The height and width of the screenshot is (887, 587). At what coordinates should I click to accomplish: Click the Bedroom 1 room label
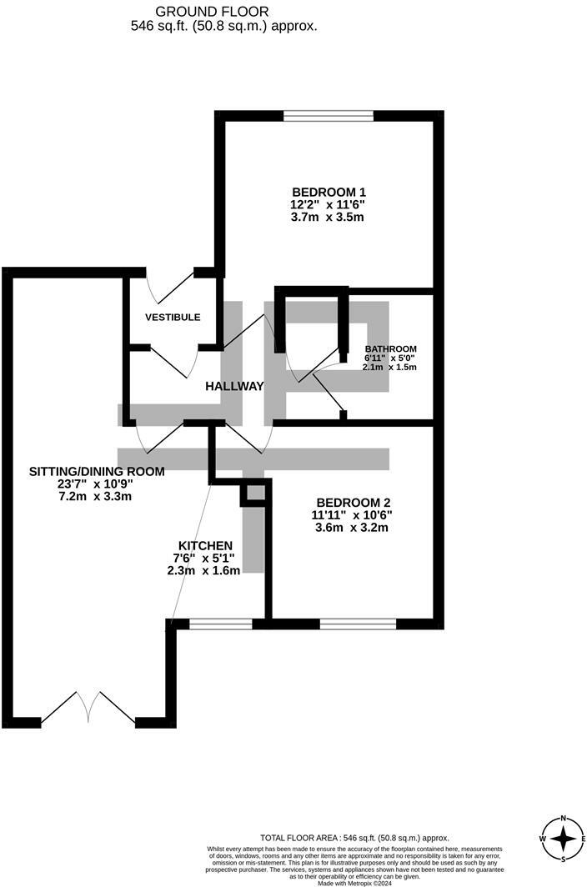pos(328,191)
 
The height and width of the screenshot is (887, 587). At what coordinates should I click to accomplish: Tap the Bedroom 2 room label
pos(354,502)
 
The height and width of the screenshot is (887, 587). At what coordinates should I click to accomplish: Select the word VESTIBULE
pos(173,318)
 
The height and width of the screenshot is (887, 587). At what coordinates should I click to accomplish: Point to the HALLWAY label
pos(234,386)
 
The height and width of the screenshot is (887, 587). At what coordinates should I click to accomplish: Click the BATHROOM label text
pos(390,349)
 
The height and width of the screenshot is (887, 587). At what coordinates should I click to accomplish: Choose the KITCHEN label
pos(203,545)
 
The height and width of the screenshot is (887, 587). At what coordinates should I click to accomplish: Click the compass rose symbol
pos(564,839)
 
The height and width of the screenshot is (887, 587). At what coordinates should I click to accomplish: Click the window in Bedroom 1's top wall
pos(328,116)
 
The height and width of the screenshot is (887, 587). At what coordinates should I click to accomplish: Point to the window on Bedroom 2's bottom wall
pos(358,623)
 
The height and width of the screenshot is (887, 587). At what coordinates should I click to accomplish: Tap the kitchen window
pos(220,623)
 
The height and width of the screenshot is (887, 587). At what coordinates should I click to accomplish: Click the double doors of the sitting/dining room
pos(88,709)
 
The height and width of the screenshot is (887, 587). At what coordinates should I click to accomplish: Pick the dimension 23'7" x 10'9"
pos(94,484)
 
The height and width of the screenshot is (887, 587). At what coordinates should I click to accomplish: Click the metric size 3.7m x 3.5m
pos(328,217)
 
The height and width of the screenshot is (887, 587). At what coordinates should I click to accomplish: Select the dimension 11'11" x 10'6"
pos(354,514)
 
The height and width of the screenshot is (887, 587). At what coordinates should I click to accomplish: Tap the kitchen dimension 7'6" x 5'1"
pos(203,558)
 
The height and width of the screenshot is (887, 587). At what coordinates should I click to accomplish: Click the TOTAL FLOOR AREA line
pos(354,838)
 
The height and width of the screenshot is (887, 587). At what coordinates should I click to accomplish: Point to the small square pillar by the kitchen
pos(254,494)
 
